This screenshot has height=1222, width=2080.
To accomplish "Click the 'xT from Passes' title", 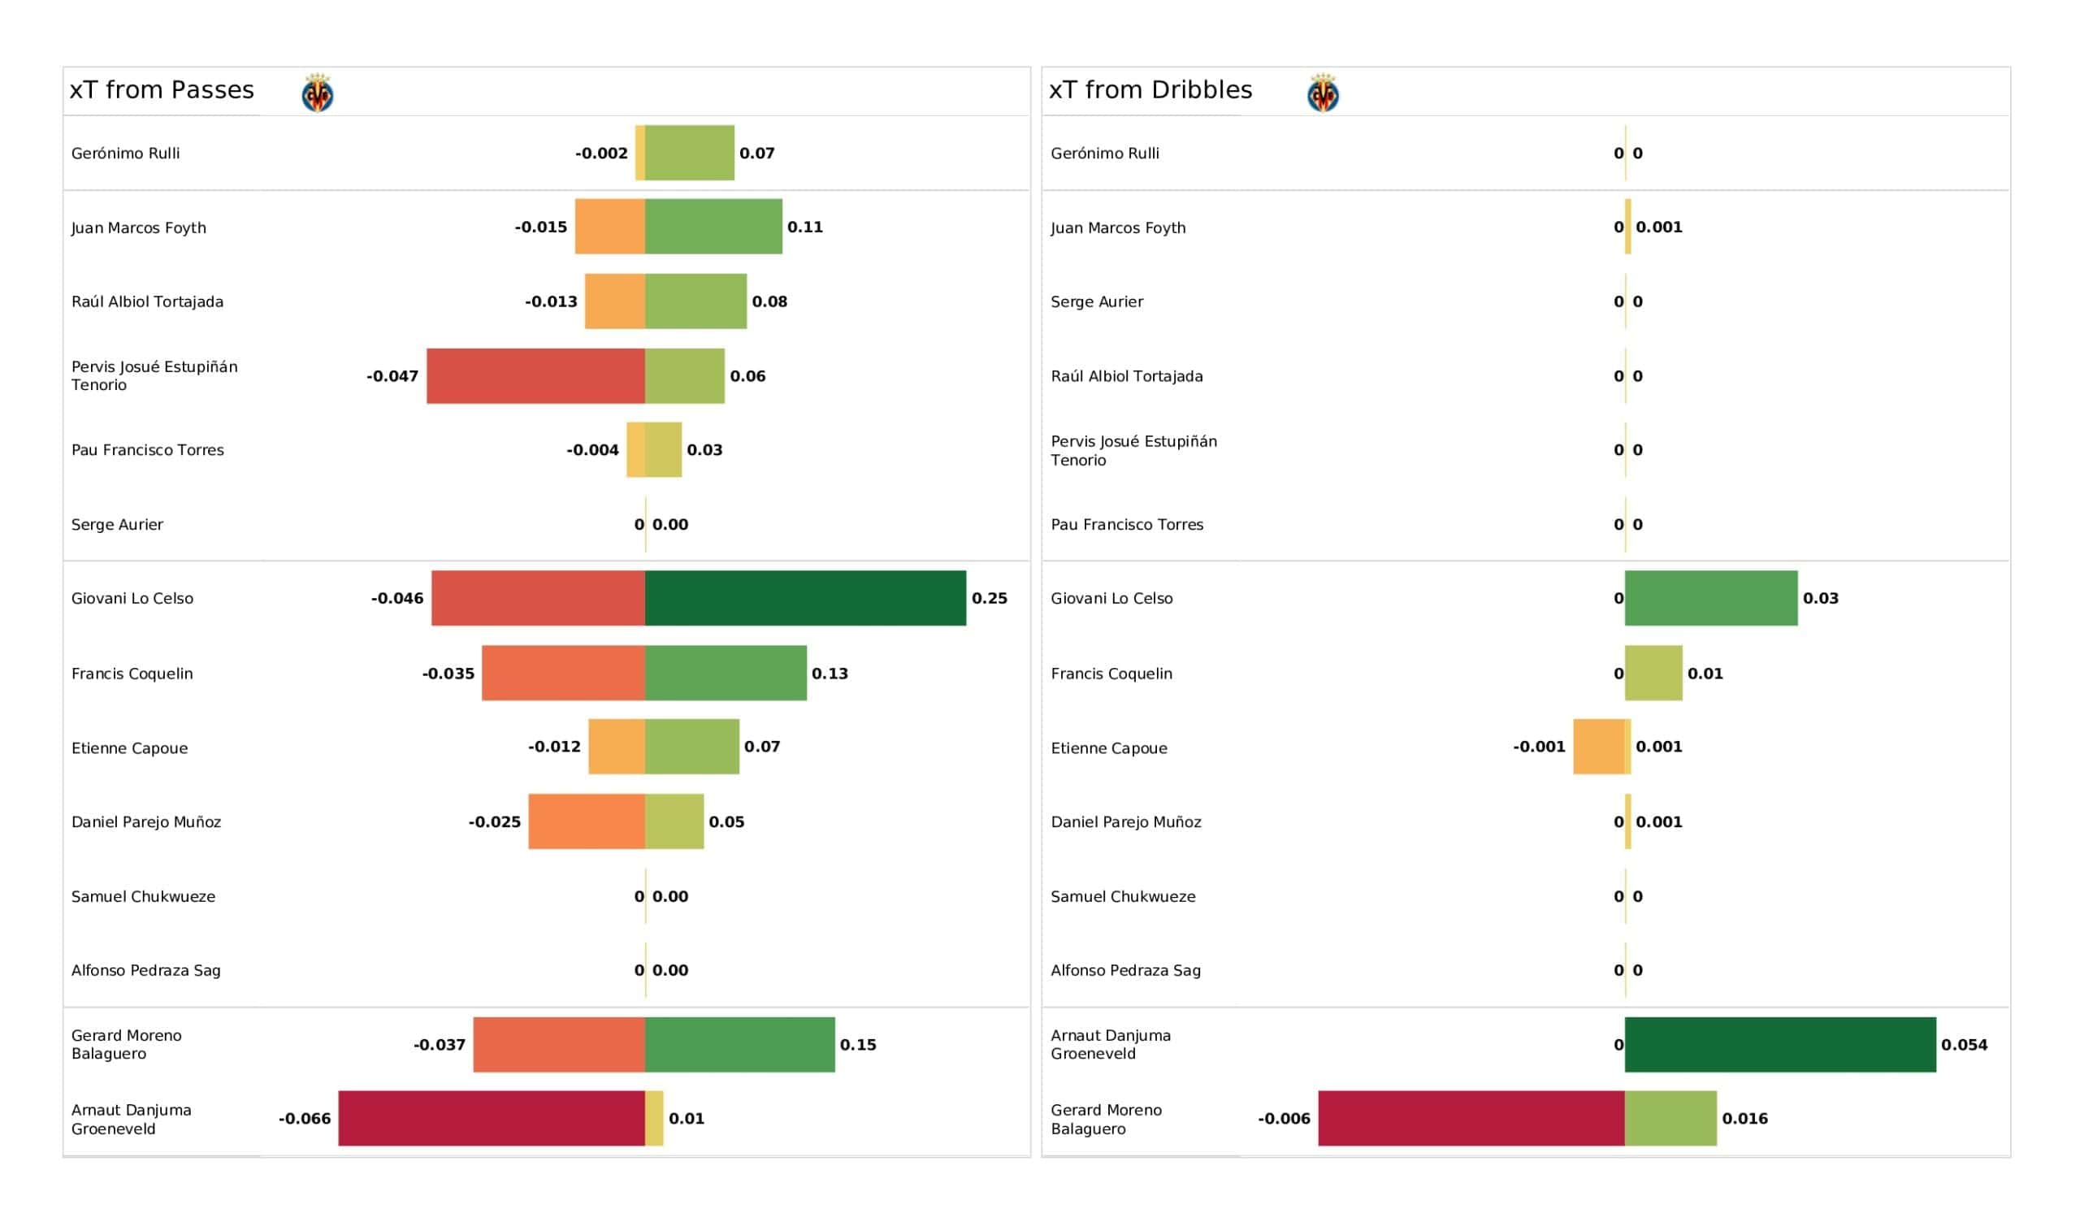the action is (x=162, y=90).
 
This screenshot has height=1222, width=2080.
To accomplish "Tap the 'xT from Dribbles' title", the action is (x=1150, y=90).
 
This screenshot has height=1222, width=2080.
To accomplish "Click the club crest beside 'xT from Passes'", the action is (x=318, y=93).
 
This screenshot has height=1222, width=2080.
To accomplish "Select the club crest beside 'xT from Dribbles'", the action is (x=1323, y=93).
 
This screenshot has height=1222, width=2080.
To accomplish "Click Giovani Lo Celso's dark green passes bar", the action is (x=805, y=599).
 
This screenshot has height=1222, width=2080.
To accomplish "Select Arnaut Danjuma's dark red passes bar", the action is (x=492, y=1119).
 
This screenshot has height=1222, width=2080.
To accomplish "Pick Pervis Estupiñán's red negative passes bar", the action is (x=535, y=376).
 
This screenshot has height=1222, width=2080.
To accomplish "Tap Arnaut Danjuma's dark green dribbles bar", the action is (x=1780, y=1046).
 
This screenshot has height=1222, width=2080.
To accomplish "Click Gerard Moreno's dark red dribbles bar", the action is (x=1471, y=1119).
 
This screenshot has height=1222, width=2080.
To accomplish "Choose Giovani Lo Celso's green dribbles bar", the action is (x=1711, y=599).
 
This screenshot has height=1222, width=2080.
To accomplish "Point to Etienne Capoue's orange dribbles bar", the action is (x=1599, y=747).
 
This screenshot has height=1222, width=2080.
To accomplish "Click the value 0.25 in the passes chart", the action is (x=990, y=599).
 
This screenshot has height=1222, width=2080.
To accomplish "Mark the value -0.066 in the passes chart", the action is (x=305, y=1119).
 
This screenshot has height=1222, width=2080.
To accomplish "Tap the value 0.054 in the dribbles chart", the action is (x=1965, y=1046).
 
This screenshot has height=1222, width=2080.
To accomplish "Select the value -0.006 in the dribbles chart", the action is (x=1285, y=1119).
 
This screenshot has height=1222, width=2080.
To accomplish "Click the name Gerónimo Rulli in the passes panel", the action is (x=125, y=154).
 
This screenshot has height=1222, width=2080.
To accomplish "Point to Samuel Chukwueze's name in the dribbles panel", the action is (x=1124, y=897).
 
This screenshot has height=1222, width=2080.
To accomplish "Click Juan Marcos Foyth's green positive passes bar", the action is (x=714, y=227).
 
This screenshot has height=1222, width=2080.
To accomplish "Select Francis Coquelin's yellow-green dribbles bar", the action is (x=1654, y=674).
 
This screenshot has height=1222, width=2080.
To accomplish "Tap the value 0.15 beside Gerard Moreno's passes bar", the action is (x=859, y=1046).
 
